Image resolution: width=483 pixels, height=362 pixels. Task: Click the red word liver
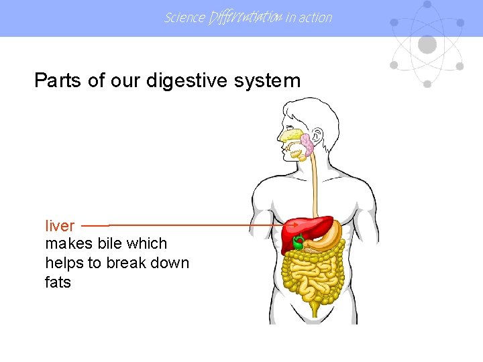[60, 226]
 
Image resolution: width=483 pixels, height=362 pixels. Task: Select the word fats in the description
[58, 283]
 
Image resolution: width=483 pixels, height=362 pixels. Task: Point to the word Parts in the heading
[58, 81]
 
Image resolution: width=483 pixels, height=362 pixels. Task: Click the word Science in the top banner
[184, 17]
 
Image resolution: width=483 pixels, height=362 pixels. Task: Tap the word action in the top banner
[315, 17]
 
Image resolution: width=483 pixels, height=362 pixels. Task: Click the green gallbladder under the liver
[298, 241]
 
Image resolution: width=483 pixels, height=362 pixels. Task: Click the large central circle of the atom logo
[427, 45]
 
